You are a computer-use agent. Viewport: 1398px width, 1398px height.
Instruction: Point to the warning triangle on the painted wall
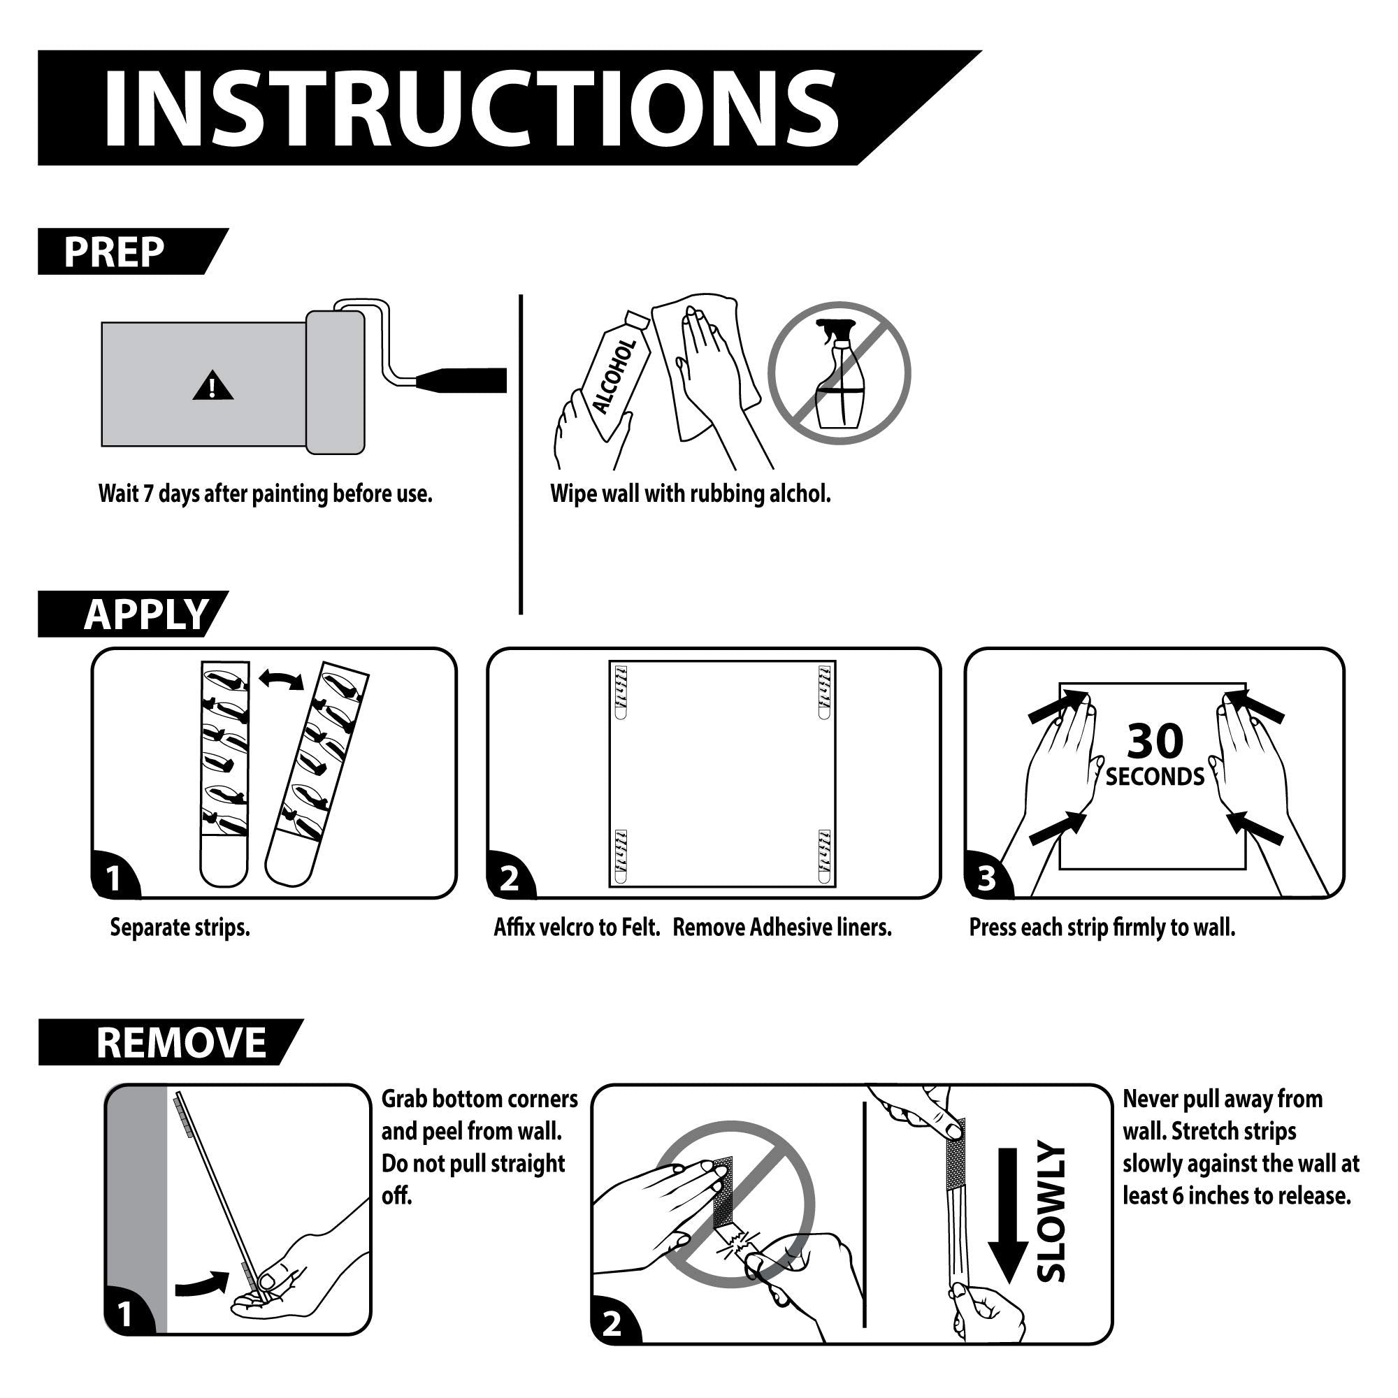(212, 387)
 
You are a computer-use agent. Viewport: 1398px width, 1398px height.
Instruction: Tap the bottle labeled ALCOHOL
(615, 376)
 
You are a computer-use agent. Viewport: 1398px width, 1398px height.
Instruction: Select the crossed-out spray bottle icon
(839, 373)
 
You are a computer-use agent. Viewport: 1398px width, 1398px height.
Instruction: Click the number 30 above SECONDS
(1155, 740)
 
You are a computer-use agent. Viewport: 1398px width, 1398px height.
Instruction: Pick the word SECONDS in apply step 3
(1155, 777)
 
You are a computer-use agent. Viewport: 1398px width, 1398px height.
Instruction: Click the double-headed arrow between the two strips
(282, 679)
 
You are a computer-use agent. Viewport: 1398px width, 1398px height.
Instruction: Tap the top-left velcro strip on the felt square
(620, 692)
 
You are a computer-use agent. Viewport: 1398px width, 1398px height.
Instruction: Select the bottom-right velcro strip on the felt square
(825, 858)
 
